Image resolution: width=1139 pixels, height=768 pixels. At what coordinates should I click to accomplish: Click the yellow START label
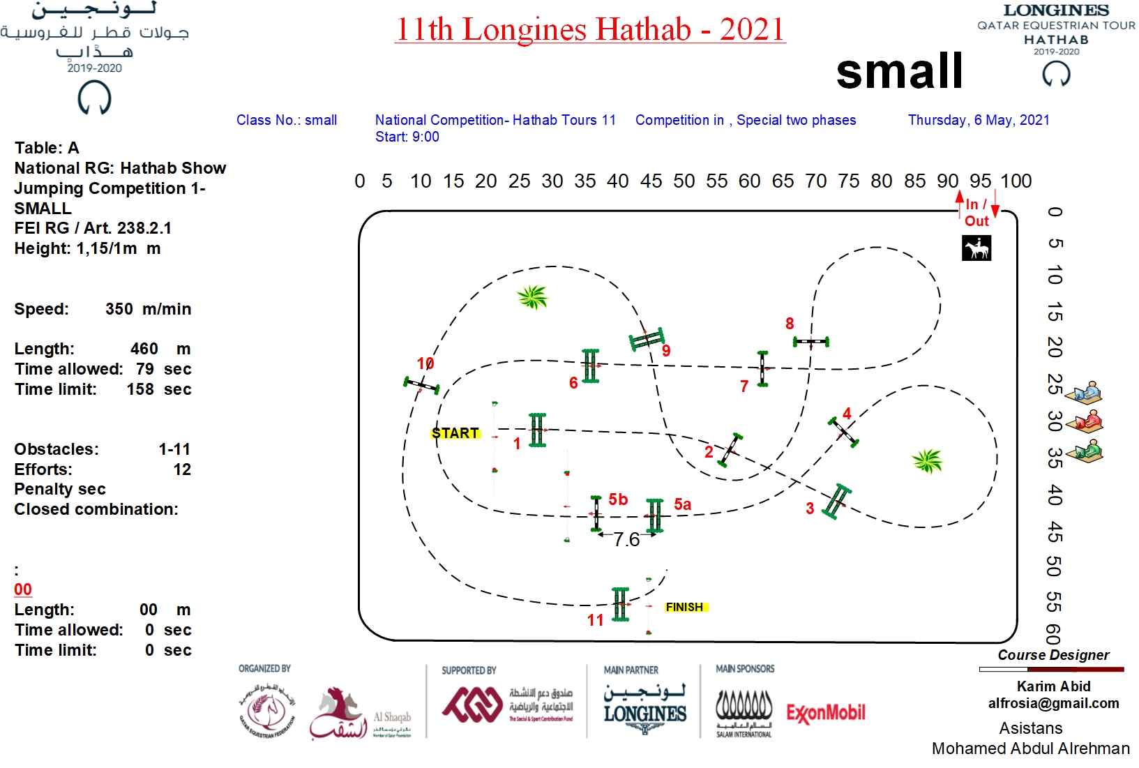tap(455, 433)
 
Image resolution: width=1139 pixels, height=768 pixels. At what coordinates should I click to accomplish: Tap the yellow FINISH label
tap(685, 607)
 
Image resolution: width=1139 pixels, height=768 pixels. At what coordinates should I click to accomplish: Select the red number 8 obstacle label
tap(790, 324)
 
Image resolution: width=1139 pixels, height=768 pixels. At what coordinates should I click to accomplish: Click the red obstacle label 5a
tap(682, 504)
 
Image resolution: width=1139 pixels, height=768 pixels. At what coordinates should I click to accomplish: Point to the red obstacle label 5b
tap(618, 499)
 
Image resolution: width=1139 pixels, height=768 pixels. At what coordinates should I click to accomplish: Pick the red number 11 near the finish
tap(595, 619)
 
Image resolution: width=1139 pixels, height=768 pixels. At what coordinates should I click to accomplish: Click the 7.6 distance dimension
tap(626, 539)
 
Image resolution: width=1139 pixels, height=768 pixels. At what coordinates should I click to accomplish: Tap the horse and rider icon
tap(976, 248)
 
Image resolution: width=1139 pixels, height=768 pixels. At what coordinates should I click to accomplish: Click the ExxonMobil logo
tap(826, 713)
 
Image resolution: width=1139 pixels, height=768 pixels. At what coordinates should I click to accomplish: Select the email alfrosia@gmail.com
tap(1053, 703)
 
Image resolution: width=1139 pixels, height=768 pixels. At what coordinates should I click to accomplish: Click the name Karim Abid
tap(1053, 686)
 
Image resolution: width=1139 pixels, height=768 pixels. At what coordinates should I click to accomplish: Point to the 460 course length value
tap(144, 349)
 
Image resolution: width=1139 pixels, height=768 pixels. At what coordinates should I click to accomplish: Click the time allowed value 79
tap(145, 369)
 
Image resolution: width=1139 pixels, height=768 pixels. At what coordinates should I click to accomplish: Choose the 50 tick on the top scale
tap(684, 181)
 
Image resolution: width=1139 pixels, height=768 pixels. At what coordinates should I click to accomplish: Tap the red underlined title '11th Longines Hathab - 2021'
tap(590, 29)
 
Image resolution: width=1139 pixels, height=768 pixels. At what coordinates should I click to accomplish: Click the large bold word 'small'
tap(900, 71)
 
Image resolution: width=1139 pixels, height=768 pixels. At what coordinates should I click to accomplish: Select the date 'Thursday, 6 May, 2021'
tap(979, 120)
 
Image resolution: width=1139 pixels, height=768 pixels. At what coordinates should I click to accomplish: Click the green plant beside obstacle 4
tap(928, 460)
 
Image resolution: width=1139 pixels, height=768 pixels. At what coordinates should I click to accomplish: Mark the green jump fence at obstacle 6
tap(590, 366)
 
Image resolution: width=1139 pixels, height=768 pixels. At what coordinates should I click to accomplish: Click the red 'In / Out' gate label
tap(976, 213)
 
